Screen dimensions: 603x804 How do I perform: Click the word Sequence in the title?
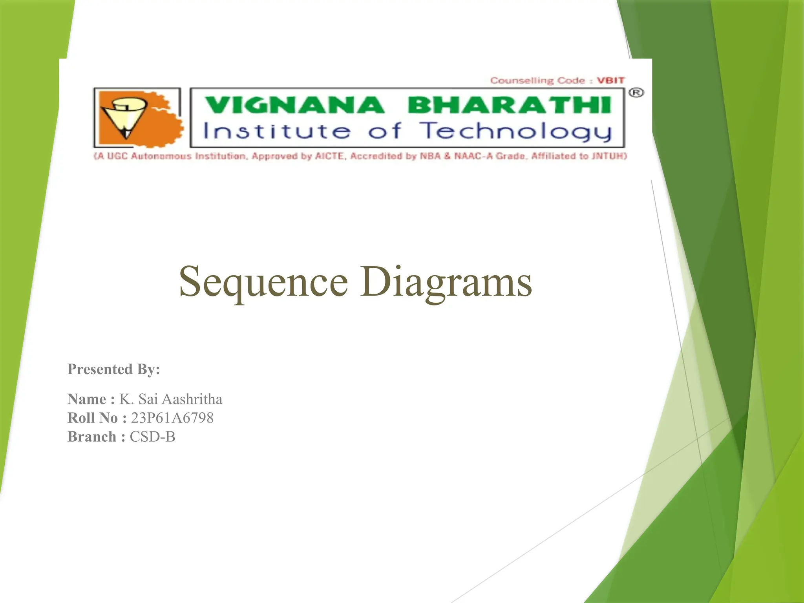(x=263, y=282)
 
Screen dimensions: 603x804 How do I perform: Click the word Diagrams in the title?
(x=446, y=282)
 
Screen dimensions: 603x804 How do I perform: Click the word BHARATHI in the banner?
(x=509, y=105)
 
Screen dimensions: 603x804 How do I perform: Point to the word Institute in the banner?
(x=276, y=131)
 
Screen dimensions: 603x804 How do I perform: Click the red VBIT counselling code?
(x=610, y=80)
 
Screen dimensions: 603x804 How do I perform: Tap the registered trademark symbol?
(x=636, y=93)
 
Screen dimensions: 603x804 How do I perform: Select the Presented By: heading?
(x=114, y=369)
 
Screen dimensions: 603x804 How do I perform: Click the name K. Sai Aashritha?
(x=171, y=399)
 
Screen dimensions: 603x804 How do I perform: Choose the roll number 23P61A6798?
(x=172, y=418)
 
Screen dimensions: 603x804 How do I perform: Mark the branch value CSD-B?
(x=152, y=437)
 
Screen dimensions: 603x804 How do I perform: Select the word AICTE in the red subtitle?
(x=331, y=156)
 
